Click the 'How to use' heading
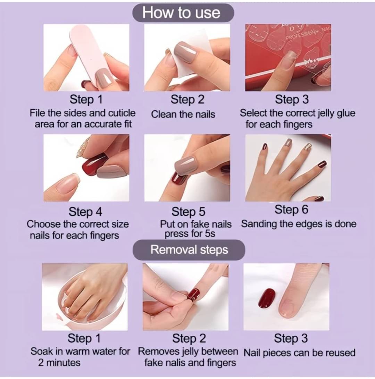tap(181, 13)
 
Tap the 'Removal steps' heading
tap(189, 250)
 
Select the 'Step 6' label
tap(291, 209)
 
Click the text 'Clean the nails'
tap(183, 114)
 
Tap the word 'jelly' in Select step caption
tap(326, 113)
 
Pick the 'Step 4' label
tap(85, 212)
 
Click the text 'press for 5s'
tap(190, 234)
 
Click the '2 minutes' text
tap(59, 363)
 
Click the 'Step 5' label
tap(188, 212)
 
